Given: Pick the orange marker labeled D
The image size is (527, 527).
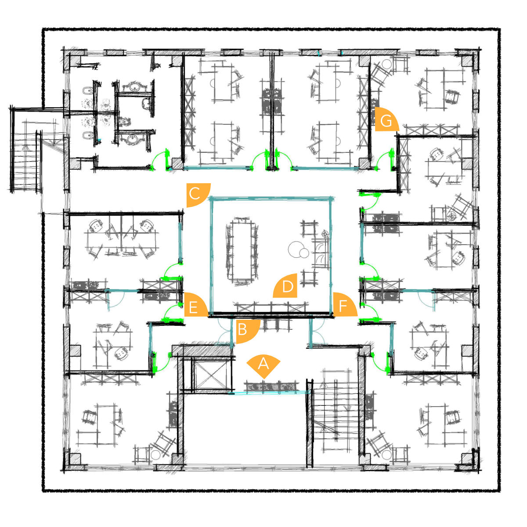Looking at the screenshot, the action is click(x=287, y=286).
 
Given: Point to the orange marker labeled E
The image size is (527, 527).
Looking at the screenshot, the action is click(x=195, y=306).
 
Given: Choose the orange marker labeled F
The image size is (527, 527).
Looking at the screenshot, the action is click(x=344, y=306).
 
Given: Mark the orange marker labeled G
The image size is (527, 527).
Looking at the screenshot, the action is click(x=385, y=120).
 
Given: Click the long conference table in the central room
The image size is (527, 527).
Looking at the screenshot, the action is click(x=242, y=251).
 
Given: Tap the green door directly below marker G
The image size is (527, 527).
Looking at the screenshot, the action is click(x=385, y=160).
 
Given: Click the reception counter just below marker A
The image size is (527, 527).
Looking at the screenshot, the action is click(x=271, y=387).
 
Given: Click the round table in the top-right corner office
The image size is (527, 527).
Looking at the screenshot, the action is click(x=387, y=64).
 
